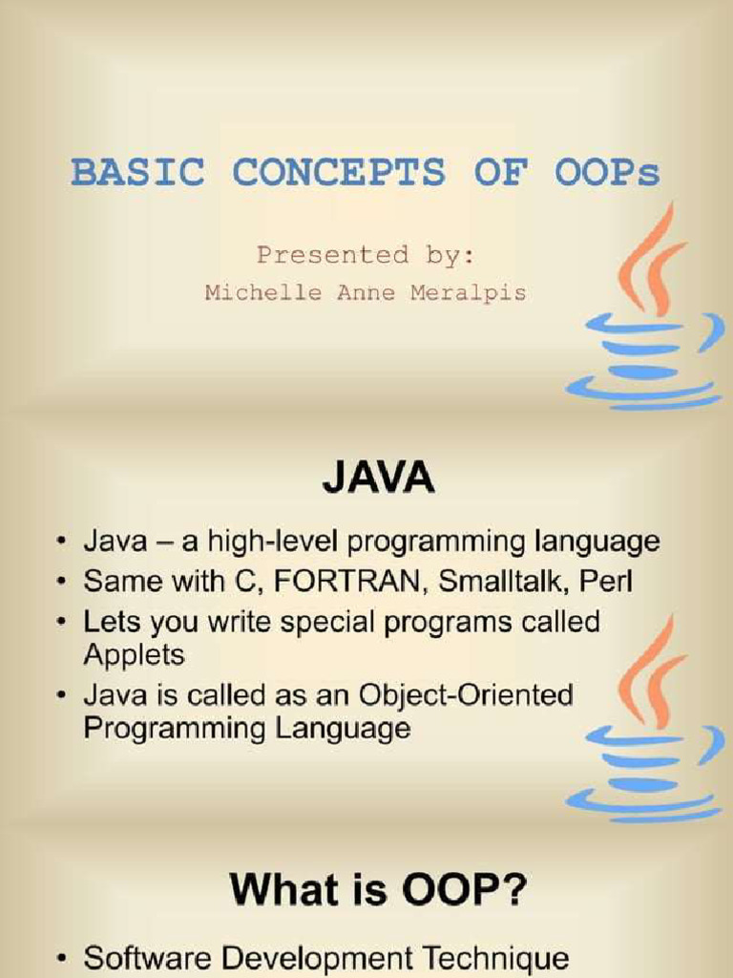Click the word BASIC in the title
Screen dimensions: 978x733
pyautogui.click(x=137, y=173)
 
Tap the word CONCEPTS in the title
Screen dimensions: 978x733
pyautogui.click(x=339, y=173)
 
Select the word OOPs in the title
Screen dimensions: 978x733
pyautogui.click(x=607, y=173)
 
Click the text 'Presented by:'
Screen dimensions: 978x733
pyautogui.click(x=366, y=256)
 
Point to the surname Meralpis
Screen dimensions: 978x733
pyautogui.click(x=468, y=293)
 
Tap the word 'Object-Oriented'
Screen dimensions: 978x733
pyautogui.click(x=466, y=695)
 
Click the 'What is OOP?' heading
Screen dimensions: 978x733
pyautogui.click(x=378, y=890)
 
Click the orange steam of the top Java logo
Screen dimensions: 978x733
pyautogui.click(x=651, y=260)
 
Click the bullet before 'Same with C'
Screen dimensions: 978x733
pyautogui.click(x=61, y=582)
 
